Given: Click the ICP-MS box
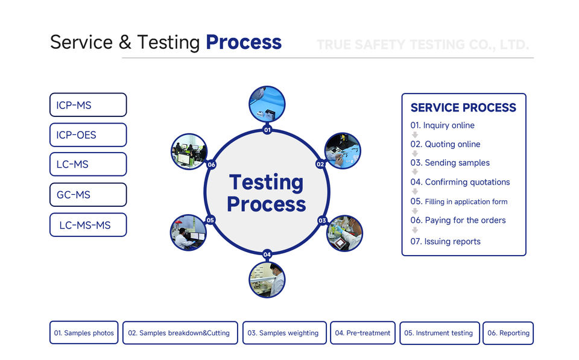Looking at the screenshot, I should tap(87, 105).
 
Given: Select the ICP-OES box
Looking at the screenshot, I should tap(87, 135).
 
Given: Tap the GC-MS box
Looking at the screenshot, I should tap(87, 195).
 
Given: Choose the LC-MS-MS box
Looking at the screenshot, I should tap(87, 225).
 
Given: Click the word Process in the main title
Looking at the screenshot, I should tap(243, 43).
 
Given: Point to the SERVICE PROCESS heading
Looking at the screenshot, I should tap(463, 108).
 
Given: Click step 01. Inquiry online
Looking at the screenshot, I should tap(443, 125).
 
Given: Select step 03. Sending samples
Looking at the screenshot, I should tap(450, 163).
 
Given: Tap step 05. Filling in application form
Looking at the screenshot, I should tap(459, 201).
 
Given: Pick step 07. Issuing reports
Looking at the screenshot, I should tap(446, 241).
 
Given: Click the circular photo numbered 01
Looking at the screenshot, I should tap(267, 104).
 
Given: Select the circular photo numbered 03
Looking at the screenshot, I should tap(344, 233).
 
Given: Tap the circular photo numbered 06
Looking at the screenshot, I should tap(189, 151).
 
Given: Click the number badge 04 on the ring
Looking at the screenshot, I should tap(267, 254).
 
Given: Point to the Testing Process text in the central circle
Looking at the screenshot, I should tap(267, 193).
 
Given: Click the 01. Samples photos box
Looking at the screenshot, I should tap(84, 333).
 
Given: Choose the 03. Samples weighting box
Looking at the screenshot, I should tap(284, 333).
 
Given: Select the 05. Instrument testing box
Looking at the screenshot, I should tap(440, 333).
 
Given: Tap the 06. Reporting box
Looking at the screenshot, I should tap(508, 333).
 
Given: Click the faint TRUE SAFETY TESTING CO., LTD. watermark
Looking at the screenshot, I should tap(422, 45).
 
